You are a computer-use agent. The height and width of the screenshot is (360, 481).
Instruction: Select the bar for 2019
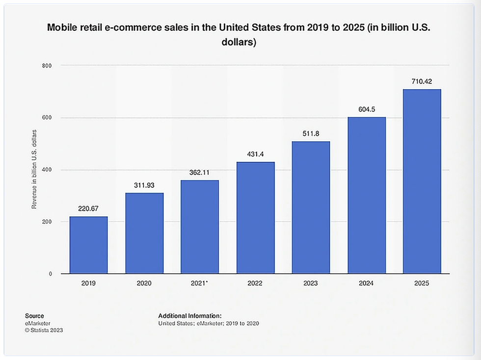(x=88, y=245)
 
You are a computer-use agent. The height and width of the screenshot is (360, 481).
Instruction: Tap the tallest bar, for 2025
(x=422, y=181)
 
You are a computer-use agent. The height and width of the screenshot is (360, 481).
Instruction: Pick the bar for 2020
(x=144, y=233)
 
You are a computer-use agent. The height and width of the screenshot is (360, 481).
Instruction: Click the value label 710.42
(x=422, y=81)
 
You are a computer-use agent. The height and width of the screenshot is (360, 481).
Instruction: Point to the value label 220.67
(x=88, y=208)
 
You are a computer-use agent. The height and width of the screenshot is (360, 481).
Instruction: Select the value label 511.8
(x=311, y=133)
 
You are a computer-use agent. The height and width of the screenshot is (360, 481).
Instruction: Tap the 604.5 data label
(x=367, y=109)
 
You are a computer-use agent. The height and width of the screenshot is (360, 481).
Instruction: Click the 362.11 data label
(x=200, y=172)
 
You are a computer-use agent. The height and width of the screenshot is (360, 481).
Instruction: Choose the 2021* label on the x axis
(x=200, y=283)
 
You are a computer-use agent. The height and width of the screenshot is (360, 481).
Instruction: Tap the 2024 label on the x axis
(x=367, y=283)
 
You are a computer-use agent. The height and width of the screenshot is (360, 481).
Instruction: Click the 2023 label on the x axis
(x=311, y=283)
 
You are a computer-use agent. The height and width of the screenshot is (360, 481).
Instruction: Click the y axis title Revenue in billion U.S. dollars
(x=34, y=169)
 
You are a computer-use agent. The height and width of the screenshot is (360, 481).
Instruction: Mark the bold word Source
(x=34, y=316)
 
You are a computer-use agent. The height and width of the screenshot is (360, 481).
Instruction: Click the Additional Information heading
(x=190, y=316)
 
